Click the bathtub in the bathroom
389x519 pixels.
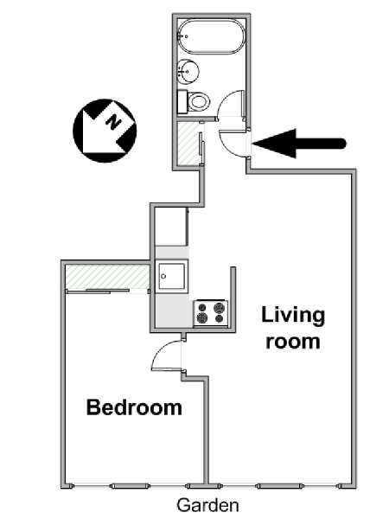(212, 36)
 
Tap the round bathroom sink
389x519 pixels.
(188, 70)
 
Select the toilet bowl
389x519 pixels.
(200, 101)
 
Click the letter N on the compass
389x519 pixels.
(113, 122)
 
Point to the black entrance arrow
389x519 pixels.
(299, 144)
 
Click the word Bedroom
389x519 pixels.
(134, 407)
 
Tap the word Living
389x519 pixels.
(293, 316)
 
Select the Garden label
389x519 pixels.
(207, 505)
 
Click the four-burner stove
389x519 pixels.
(211, 313)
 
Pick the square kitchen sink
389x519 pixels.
(172, 277)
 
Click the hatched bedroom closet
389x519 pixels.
(107, 277)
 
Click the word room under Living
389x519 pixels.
(293, 342)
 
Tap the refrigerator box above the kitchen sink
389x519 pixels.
(172, 226)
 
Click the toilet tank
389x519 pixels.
(182, 102)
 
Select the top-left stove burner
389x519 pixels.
(201, 307)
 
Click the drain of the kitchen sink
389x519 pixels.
(163, 277)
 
